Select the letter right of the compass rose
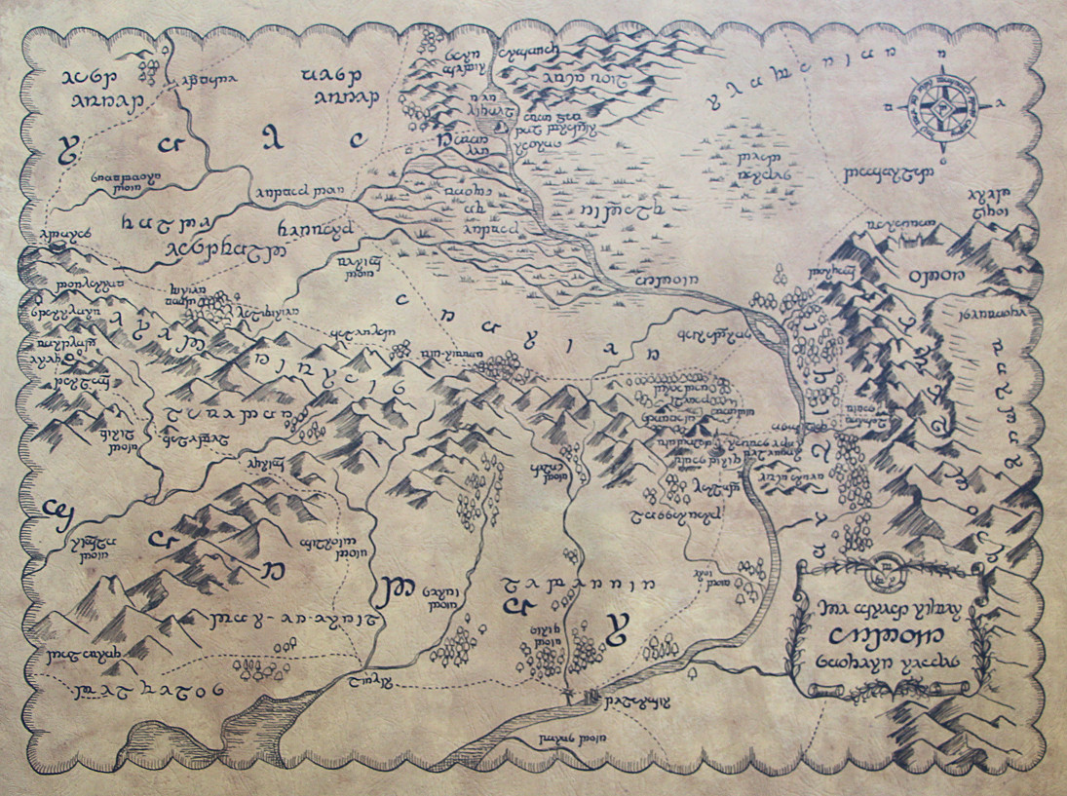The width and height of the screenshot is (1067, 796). (1003, 101)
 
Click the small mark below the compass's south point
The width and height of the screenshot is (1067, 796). (943, 157)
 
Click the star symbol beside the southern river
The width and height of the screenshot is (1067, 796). (571, 692)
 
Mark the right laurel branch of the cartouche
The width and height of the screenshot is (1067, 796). (977, 633)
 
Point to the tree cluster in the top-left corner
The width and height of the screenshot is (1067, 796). (149, 67)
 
